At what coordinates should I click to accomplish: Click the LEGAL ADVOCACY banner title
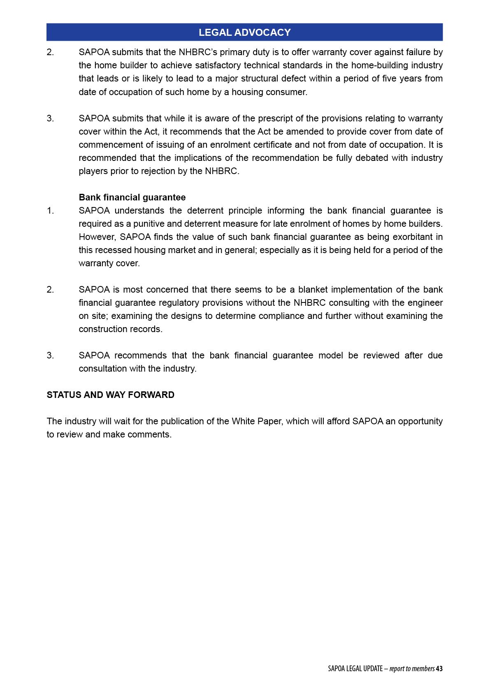[244, 33]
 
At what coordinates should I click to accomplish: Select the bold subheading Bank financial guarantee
[132, 198]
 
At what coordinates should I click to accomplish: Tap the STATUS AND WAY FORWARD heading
[110, 395]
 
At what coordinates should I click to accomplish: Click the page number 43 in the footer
[439, 669]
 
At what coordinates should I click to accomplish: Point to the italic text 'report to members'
[412, 669]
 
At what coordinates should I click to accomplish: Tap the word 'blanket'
[313, 290]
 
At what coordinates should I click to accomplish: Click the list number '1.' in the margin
[50, 211]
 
